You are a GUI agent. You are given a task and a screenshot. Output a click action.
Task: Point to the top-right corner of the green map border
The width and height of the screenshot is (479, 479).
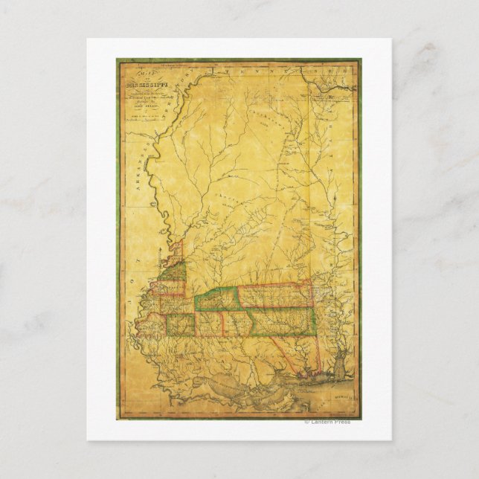pyautogui.click(x=360, y=60)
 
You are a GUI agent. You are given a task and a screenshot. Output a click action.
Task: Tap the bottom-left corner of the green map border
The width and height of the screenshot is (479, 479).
pyautogui.click(x=118, y=418)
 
